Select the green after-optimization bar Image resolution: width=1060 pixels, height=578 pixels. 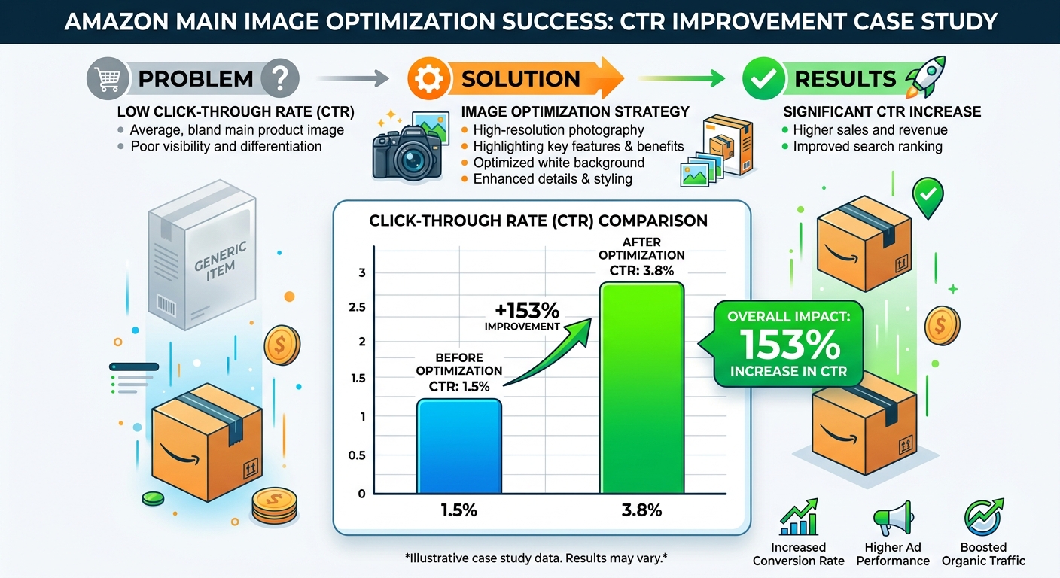[x=641, y=388]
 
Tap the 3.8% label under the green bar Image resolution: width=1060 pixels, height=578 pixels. [x=641, y=511]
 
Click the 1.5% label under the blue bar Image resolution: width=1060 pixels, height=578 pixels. [x=458, y=511]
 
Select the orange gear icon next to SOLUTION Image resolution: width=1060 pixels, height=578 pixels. [x=426, y=78]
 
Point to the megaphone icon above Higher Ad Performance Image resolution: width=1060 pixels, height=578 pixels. [x=892, y=518]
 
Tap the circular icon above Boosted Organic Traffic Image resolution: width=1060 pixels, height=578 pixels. [x=983, y=518]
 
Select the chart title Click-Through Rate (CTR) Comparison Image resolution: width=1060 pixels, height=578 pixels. [x=538, y=221]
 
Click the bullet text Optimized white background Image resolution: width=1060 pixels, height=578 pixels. [x=559, y=163]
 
